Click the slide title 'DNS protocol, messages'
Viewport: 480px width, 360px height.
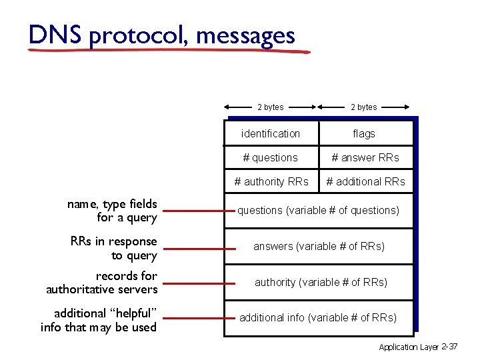pos(161,34)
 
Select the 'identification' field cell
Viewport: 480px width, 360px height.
pos(271,133)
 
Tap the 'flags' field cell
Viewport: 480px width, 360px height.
pos(364,133)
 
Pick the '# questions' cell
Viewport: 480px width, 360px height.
pos(271,158)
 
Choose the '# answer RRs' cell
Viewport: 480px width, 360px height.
pos(365,158)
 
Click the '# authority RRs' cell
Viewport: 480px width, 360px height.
pos(271,181)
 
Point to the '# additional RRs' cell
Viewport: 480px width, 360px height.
pos(365,181)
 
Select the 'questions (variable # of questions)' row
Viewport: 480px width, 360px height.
pos(319,211)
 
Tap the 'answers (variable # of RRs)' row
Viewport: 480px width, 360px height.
pos(319,246)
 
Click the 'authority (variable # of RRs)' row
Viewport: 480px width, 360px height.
pos(319,282)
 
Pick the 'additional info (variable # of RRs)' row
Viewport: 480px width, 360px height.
pos(319,317)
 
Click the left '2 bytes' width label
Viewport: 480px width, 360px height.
pos(271,107)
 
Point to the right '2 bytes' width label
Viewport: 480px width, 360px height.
pos(364,107)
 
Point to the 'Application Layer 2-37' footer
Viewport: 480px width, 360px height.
pos(418,347)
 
